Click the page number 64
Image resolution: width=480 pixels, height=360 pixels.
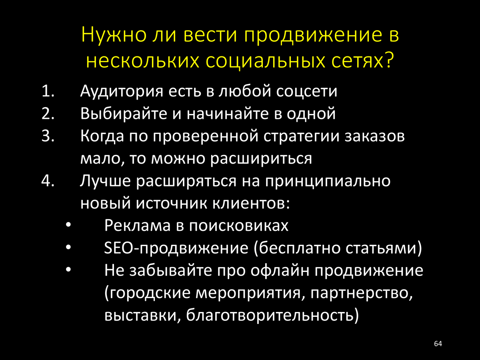pyautogui.click(x=438, y=344)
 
